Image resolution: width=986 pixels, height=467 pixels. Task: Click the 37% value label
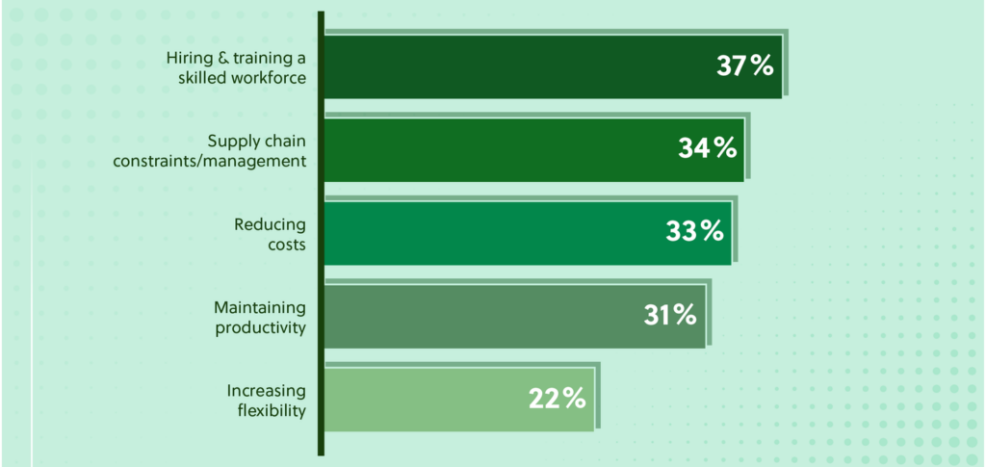click(x=744, y=65)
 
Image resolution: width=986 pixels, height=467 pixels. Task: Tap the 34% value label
click(x=708, y=148)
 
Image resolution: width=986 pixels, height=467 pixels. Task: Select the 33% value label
click(x=694, y=231)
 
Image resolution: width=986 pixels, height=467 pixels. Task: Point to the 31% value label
click(x=669, y=314)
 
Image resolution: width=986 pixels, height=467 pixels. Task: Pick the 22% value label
click(x=557, y=397)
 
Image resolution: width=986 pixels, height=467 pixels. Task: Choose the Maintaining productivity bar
click(x=481, y=314)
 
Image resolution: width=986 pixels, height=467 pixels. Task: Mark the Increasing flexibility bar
click(x=424, y=397)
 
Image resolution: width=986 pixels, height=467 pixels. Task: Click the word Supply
click(x=230, y=142)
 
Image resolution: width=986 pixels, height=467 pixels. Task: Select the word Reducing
click(x=270, y=224)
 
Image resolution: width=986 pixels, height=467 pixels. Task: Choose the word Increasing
click(x=267, y=390)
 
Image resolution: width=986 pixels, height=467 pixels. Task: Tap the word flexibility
click(x=272, y=410)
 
